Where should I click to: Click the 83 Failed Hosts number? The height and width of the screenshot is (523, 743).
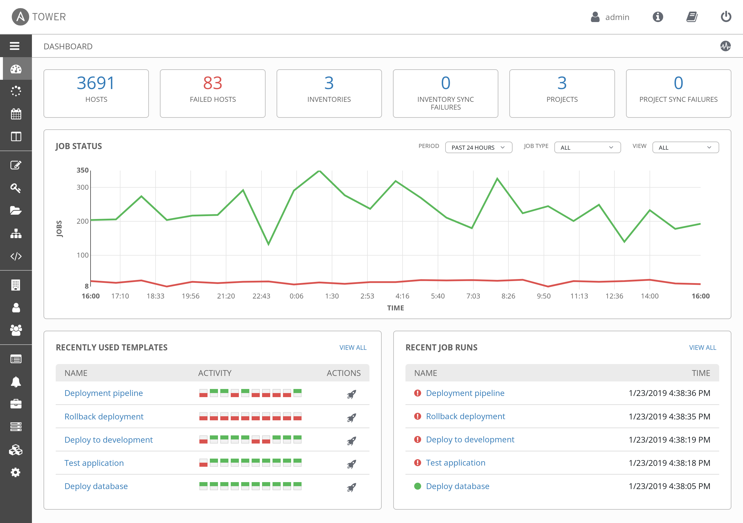tap(213, 83)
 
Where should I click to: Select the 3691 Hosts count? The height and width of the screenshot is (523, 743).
tap(96, 83)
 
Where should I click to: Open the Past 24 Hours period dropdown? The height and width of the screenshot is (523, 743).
tap(478, 147)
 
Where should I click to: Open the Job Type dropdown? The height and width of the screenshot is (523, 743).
tap(587, 147)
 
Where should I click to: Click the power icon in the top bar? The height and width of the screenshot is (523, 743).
tap(726, 17)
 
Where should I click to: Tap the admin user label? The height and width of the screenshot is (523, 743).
tap(617, 17)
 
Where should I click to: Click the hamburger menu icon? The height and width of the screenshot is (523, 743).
tap(15, 46)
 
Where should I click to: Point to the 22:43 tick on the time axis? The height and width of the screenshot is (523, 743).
tap(261, 296)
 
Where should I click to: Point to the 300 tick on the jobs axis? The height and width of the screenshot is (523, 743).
tap(82, 187)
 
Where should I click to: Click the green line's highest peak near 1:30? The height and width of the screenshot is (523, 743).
tap(319, 171)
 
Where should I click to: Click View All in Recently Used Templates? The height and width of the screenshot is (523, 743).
tap(353, 348)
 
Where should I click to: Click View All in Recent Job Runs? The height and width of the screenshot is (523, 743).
tap(702, 348)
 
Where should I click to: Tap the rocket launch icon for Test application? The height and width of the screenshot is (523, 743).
tap(351, 464)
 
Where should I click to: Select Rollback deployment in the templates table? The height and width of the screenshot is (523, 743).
tap(104, 417)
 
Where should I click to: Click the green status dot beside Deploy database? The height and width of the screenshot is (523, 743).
tap(417, 486)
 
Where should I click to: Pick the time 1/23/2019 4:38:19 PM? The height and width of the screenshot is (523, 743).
tap(669, 439)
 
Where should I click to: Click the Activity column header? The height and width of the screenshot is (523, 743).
tap(214, 373)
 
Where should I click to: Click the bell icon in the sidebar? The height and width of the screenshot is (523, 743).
tap(16, 382)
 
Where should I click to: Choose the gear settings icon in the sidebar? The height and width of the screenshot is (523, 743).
tap(16, 473)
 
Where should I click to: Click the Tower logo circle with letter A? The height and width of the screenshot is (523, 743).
tap(20, 17)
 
